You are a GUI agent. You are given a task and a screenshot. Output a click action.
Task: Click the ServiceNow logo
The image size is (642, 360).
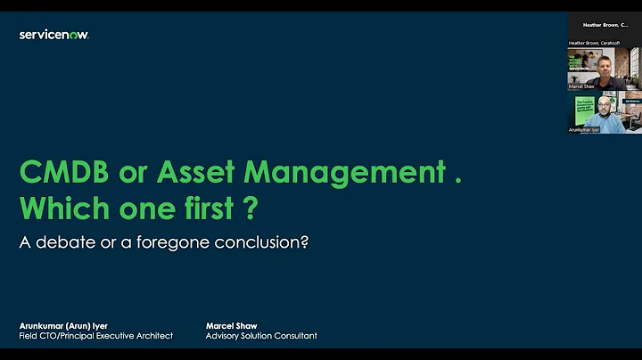click(x=53, y=35)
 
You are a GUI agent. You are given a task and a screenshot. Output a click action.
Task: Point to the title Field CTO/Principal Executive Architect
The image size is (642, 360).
click(x=95, y=336)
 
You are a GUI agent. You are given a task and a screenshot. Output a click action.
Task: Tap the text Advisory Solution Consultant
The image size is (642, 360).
click(x=261, y=336)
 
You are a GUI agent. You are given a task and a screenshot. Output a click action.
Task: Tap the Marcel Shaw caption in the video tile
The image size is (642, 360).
click(x=581, y=86)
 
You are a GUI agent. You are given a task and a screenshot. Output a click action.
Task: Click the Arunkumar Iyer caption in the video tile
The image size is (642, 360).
click(x=585, y=130)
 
